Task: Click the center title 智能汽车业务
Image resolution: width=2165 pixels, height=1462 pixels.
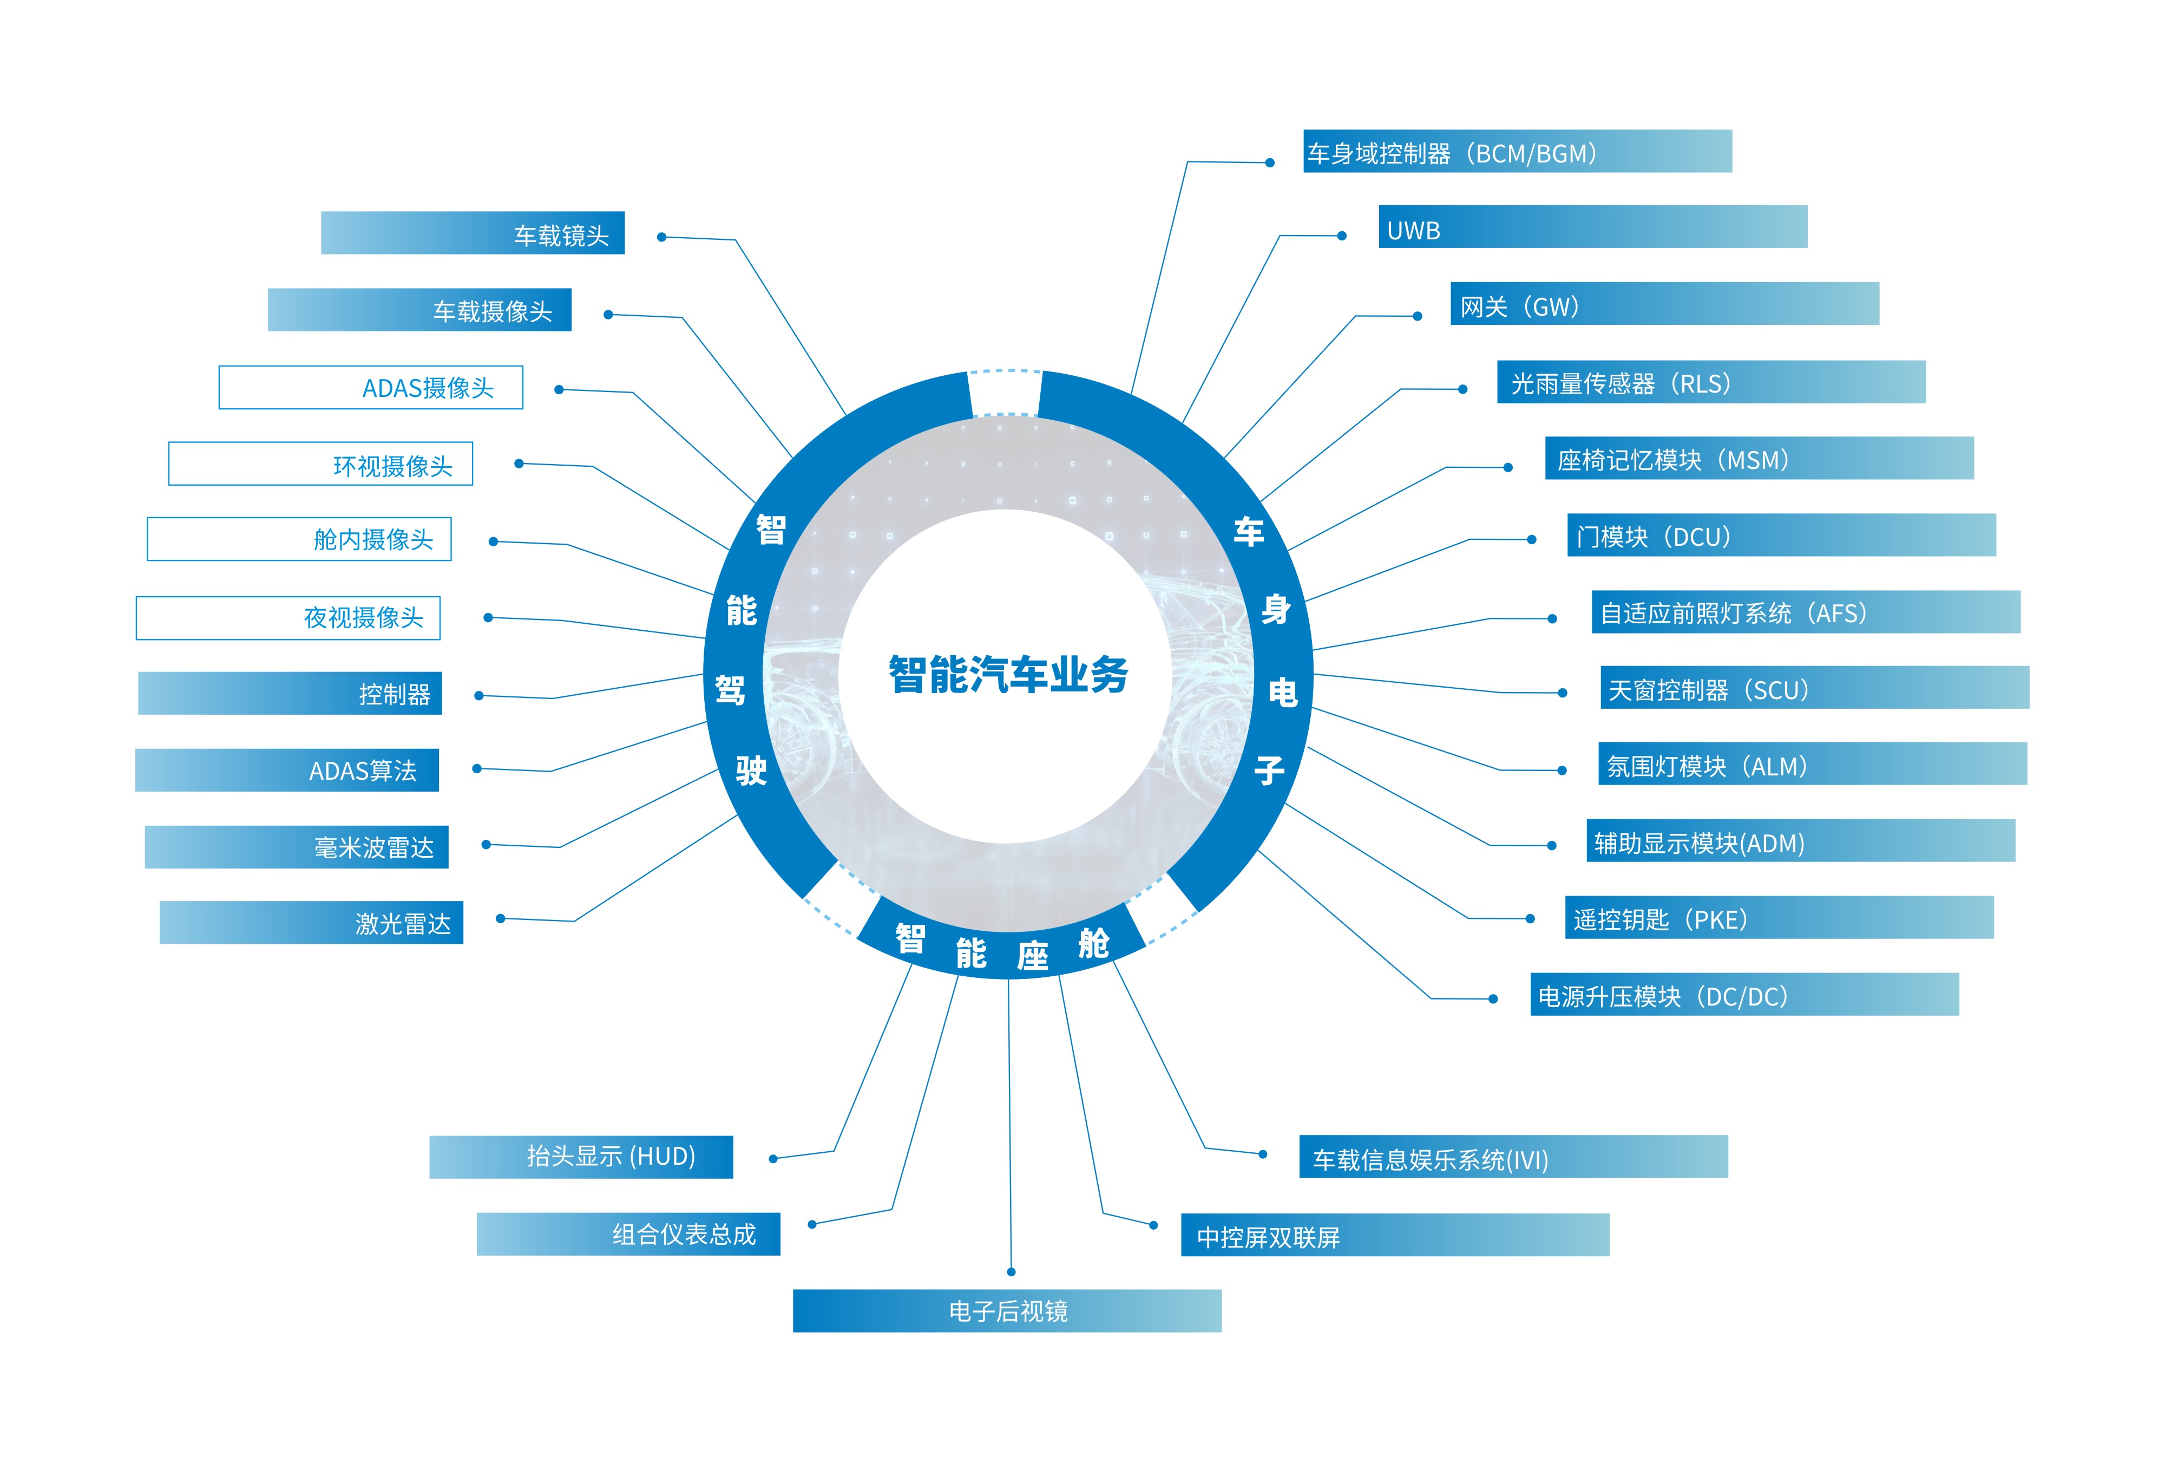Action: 1008,674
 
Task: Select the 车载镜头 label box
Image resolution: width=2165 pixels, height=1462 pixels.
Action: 473,233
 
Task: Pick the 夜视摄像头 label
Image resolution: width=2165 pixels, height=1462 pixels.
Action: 288,618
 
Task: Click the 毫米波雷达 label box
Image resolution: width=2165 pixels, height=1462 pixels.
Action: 296,847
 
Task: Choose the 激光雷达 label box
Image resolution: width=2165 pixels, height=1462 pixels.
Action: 311,923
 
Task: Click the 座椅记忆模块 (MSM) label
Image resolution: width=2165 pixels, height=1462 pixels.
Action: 1760,459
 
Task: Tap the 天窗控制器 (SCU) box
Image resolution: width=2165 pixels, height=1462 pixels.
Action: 1815,688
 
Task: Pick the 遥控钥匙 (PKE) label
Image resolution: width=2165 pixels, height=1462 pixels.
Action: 1779,918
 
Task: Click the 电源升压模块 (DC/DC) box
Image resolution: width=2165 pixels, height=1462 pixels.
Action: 1745,994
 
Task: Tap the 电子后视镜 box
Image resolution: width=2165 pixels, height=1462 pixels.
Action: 1007,1311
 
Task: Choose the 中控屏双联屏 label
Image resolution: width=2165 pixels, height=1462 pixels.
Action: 1395,1235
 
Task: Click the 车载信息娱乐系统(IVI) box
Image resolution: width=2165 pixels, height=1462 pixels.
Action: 1514,1157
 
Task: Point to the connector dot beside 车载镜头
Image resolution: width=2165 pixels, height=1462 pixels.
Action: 661,237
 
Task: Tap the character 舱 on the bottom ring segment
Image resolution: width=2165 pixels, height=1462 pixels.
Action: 1094,943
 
